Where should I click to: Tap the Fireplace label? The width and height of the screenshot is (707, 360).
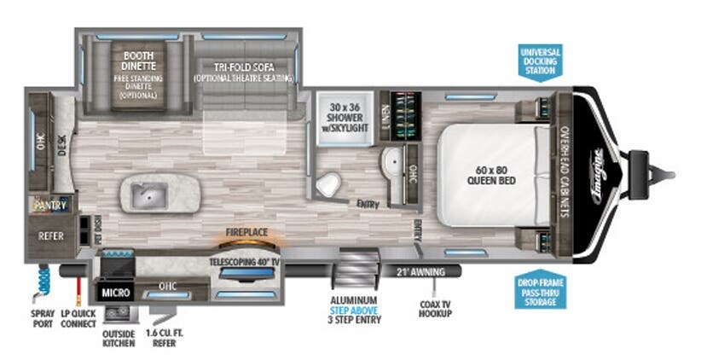point(248,231)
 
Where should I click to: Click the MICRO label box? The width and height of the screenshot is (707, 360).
point(115,292)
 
